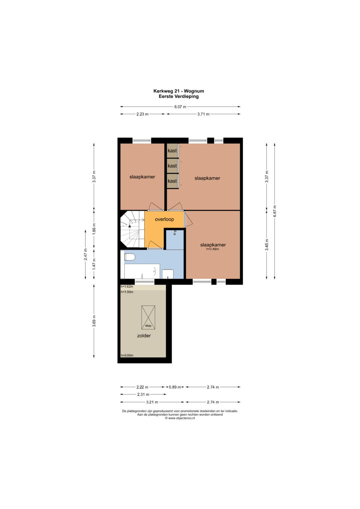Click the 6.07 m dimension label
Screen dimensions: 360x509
[180, 107]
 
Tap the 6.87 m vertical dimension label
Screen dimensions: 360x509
[275, 211]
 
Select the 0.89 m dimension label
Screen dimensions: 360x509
[175, 387]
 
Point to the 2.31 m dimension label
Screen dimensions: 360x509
[143, 394]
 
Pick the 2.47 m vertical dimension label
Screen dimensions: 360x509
[85, 255]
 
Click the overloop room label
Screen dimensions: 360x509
[164, 219]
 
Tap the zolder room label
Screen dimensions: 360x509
[144, 336]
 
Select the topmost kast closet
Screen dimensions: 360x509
[172, 150]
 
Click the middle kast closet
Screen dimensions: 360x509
[172, 166]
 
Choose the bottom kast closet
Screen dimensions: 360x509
[172, 181]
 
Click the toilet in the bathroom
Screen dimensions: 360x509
[130, 257]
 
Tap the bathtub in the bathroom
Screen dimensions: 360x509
[142, 271]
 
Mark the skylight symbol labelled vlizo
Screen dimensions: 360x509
[148, 317]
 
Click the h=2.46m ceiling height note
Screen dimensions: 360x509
[213, 249]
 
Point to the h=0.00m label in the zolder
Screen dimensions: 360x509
[127, 355]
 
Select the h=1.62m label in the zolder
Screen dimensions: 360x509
[127, 287]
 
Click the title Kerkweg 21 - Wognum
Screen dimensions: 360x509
[179, 91]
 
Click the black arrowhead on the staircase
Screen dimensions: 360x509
[130, 226]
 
